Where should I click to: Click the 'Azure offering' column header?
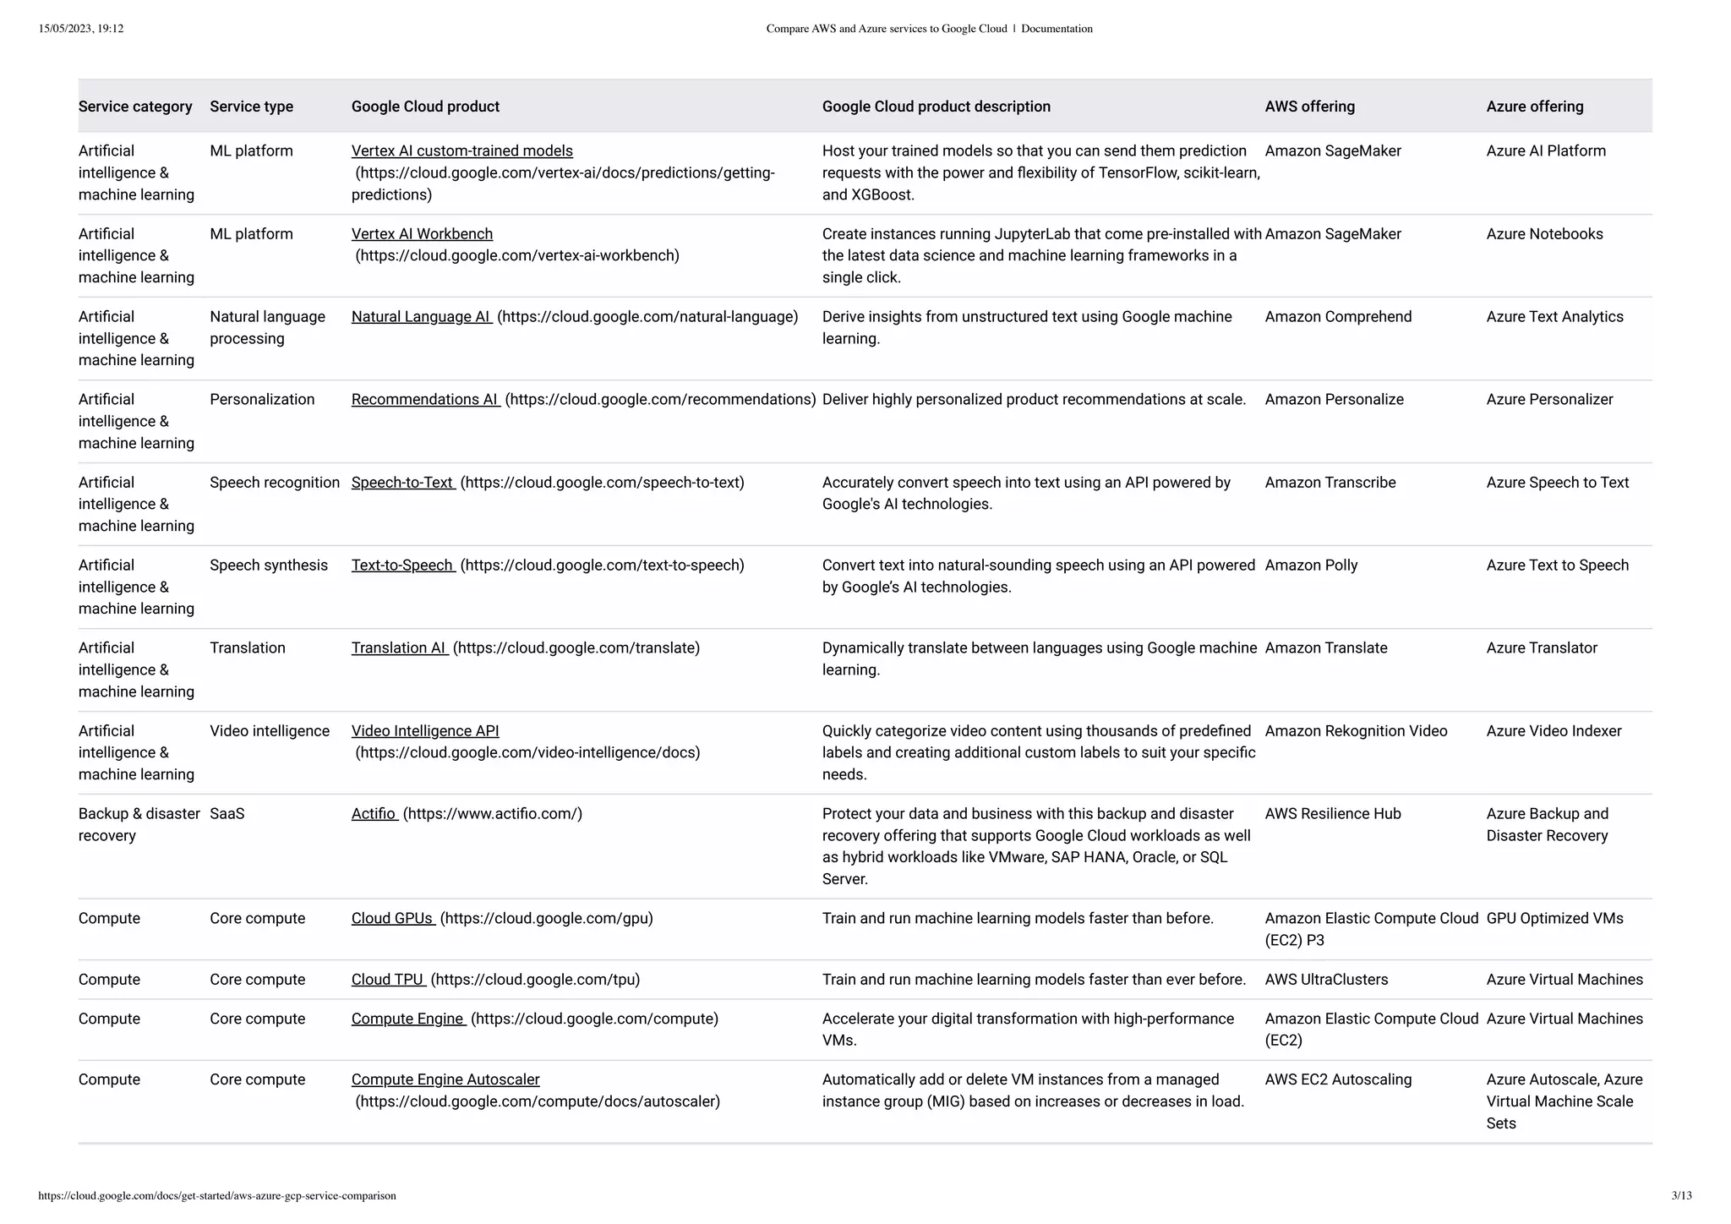[x=1534, y=107]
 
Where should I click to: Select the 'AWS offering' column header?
[x=1309, y=107]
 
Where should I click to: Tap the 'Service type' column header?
[x=251, y=107]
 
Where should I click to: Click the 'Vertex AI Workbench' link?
[x=422, y=234]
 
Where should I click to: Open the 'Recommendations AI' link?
[x=424, y=400]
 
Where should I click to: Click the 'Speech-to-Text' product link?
[x=402, y=483]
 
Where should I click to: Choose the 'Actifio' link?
[x=374, y=814]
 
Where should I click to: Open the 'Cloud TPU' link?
[x=387, y=980]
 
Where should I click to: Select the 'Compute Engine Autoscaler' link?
[x=445, y=1079]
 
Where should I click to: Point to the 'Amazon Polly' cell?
[x=1311, y=566]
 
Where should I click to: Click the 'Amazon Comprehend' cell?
[x=1338, y=317]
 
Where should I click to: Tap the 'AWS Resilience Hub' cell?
[x=1333, y=814]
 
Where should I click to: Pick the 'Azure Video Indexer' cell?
[x=1554, y=731]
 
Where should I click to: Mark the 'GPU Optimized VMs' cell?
[x=1554, y=919]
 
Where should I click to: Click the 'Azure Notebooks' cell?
[x=1544, y=234]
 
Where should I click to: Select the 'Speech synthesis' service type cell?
[x=268, y=566]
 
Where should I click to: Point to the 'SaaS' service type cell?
[x=227, y=814]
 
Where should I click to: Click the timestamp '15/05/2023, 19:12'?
[x=81, y=29]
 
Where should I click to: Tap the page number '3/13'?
[x=1681, y=1195]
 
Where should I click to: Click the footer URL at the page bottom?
[x=217, y=1195]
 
